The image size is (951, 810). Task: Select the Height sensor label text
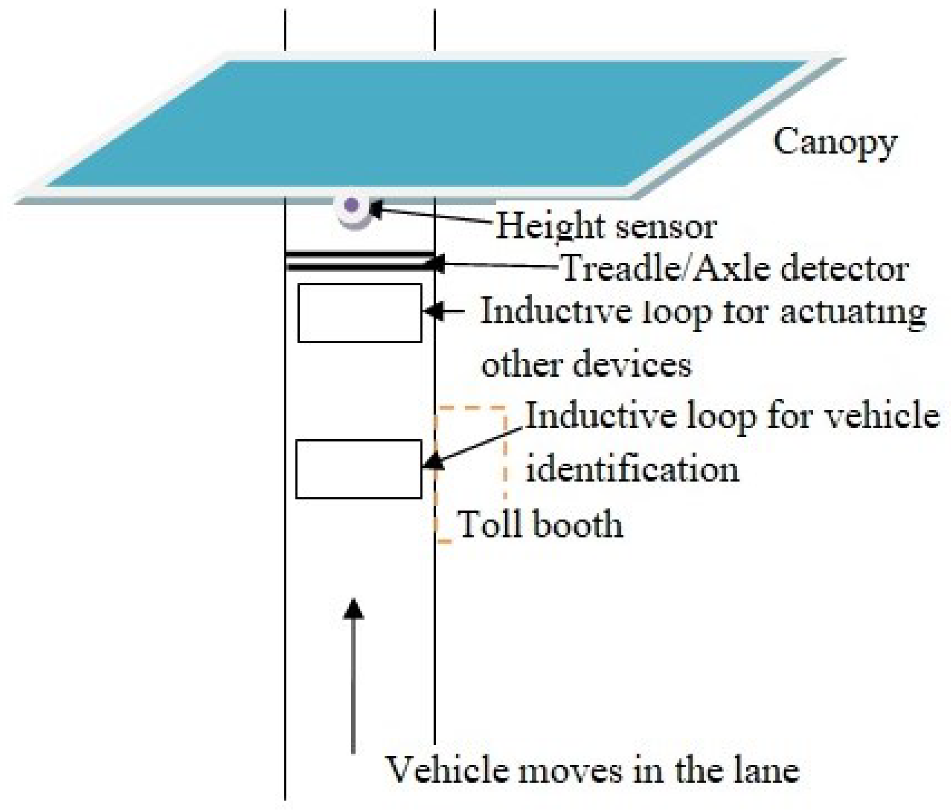[x=606, y=226]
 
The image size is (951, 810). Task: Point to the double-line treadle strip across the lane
[x=359, y=261]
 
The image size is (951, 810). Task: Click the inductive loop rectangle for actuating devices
[x=359, y=313]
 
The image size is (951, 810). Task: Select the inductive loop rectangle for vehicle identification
[x=359, y=469]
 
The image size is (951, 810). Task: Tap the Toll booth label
[x=541, y=524]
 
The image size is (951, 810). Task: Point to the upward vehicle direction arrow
[x=353, y=675]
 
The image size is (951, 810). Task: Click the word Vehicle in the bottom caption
[x=449, y=770]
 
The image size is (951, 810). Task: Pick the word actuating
[x=853, y=312]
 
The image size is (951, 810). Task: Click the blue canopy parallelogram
[x=427, y=124]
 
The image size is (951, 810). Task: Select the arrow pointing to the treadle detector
[x=496, y=265]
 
